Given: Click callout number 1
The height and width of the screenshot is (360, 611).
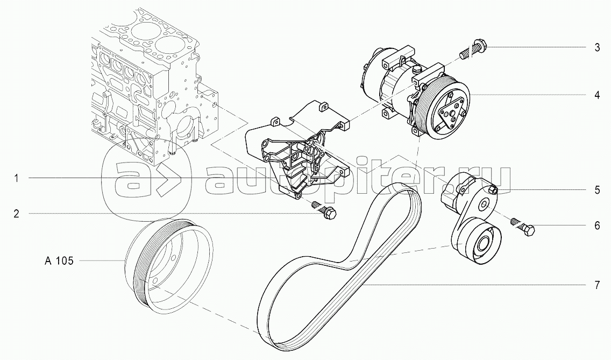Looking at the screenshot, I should [16, 179].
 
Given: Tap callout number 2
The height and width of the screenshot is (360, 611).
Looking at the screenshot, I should [16, 214].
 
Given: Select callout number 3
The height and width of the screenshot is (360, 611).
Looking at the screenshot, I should [597, 47].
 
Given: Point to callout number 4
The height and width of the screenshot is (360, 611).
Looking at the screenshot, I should [597, 95].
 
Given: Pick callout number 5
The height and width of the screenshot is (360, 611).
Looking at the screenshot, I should [597, 190].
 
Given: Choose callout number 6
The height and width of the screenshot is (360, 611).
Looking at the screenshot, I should [597, 225].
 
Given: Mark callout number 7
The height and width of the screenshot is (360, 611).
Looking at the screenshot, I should [597, 285].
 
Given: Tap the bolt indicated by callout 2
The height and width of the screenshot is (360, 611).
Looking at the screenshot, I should [328, 213].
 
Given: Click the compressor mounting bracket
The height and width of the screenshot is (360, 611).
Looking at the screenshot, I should [293, 151].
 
